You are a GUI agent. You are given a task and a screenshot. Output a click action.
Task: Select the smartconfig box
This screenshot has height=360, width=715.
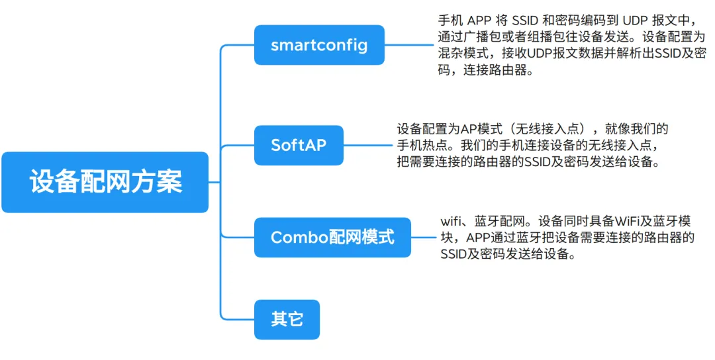coord(318,45)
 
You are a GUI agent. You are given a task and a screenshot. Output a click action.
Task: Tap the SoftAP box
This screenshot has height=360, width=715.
coord(299,145)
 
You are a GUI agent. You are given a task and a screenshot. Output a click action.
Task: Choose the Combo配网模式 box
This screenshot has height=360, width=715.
coord(332,237)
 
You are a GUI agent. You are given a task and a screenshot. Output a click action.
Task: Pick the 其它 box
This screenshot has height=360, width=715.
coord(287,319)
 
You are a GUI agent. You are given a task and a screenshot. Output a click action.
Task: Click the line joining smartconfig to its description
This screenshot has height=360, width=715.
coord(408,45)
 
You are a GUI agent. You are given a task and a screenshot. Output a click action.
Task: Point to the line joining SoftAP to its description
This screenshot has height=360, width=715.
coord(368,145)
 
